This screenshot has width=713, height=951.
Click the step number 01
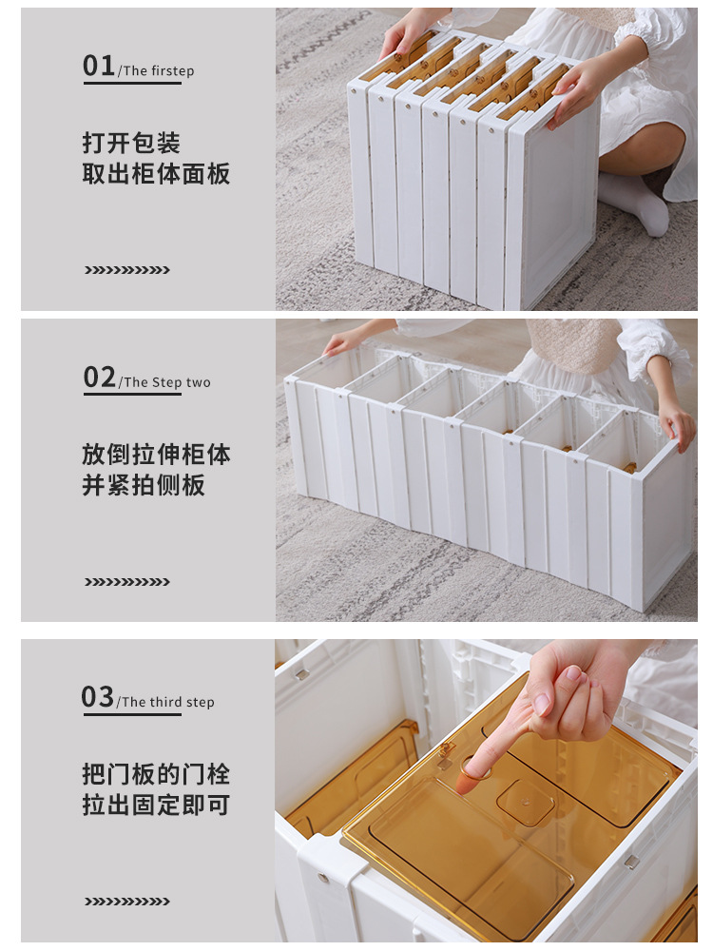click(99, 66)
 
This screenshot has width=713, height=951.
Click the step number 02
click(100, 378)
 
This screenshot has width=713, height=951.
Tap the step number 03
click(98, 697)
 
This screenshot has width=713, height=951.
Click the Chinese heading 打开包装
click(131, 144)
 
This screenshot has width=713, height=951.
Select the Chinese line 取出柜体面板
click(157, 174)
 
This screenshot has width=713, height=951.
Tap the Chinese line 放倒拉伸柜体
click(157, 455)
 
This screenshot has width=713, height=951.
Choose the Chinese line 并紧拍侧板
click(144, 485)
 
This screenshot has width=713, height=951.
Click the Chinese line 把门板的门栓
click(156, 774)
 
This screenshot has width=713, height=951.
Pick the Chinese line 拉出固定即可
click(156, 805)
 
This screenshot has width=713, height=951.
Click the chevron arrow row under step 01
click(127, 270)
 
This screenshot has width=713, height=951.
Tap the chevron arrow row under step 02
click(127, 582)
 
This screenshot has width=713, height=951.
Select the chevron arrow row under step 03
click(127, 902)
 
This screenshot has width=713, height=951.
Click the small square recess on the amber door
click(526, 803)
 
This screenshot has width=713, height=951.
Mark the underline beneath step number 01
click(132, 83)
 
